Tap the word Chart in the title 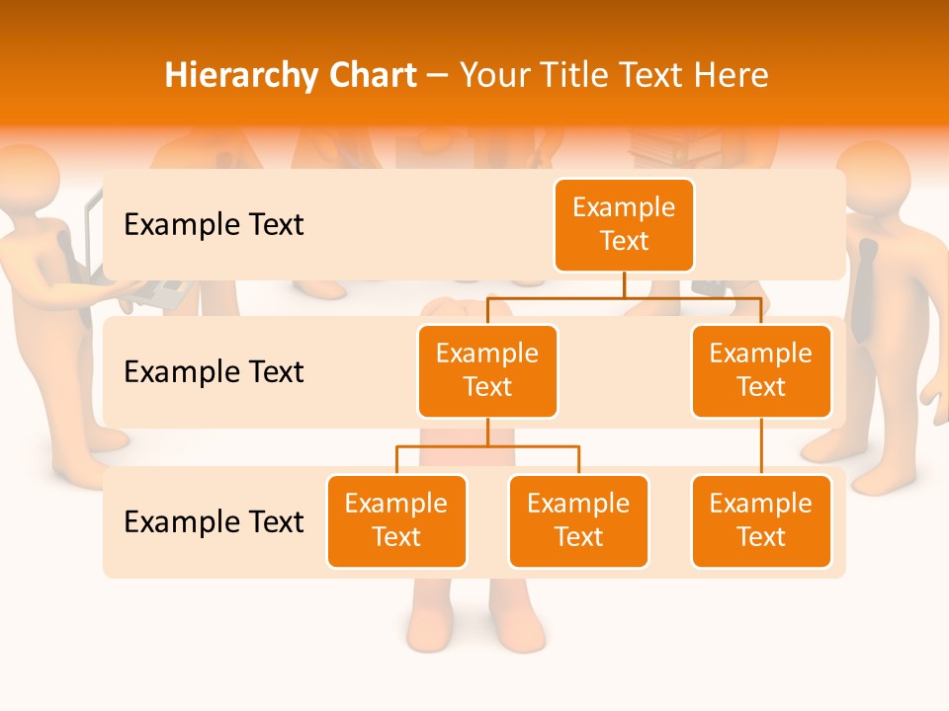372,75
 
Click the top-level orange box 624,225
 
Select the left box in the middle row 487,370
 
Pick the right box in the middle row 761,370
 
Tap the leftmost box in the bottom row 396,520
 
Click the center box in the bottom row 578,520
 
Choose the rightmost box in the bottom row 761,520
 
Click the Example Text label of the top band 214,225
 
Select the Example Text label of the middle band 214,372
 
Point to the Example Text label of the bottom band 214,521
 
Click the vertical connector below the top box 624,284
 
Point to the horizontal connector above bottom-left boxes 487,446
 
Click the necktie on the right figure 866,286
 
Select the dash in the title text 438,76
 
